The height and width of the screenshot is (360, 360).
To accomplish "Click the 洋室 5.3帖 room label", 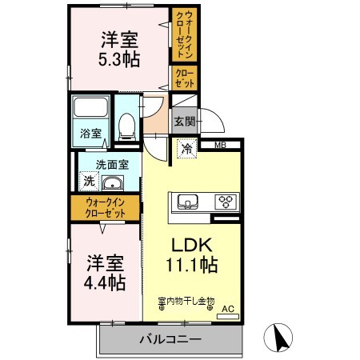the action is click(119, 50).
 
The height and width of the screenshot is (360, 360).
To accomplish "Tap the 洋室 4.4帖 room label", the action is click(105, 273).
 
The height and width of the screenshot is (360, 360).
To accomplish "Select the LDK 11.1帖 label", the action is click(192, 254).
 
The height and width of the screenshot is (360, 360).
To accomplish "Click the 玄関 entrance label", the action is click(185, 122).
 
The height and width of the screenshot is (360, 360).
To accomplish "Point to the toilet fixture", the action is click(126, 126).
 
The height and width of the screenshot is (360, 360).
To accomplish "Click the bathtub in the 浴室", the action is click(91, 107).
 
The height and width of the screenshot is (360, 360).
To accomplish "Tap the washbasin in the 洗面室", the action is click(113, 183).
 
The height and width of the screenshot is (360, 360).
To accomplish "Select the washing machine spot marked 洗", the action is click(90, 182).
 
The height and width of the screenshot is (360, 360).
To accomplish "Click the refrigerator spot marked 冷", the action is click(187, 149).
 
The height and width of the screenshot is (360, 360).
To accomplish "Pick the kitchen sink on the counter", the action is click(188, 202).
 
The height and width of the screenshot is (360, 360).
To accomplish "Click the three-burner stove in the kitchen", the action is click(226, 202).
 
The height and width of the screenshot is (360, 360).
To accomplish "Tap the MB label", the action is click(221, 145).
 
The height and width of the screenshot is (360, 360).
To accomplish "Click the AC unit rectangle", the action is click(228, 317).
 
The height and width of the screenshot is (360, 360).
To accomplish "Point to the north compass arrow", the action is click(279, 338).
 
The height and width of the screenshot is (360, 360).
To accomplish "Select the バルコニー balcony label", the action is click(170, 339).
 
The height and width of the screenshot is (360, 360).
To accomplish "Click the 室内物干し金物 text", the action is click(186, 301).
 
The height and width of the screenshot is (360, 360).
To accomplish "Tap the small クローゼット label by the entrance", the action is click(185, 78).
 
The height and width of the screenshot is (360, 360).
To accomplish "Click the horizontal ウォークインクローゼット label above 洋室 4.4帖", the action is click(106, 208).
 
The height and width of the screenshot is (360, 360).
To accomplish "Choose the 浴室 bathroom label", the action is click(91, 134).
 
